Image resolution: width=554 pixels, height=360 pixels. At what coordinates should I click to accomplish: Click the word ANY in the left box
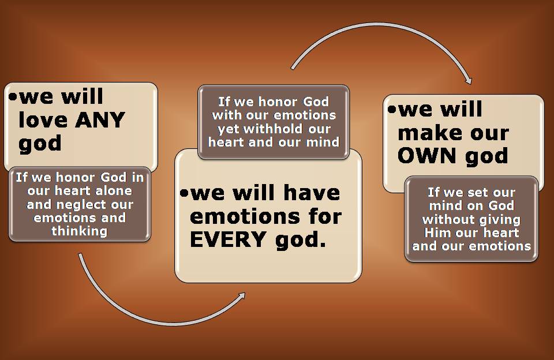[x=100, y=120]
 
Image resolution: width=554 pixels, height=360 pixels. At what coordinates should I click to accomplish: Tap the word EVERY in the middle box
[x=228, y=239]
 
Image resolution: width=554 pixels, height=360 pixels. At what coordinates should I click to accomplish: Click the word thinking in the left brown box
[x=80, y=231]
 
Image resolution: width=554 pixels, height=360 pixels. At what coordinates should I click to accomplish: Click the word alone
[x=114, y=191]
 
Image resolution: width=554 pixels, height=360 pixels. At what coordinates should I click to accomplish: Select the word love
[x=42, y=120]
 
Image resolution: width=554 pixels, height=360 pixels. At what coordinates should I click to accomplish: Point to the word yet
[x=229, y=129]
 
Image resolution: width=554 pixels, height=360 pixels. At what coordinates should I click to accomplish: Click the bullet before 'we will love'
[x=13, y=96]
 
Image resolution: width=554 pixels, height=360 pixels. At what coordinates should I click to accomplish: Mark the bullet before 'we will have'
[x=184, y=193]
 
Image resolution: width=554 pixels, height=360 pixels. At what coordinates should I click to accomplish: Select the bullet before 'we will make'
[x=391, y=109]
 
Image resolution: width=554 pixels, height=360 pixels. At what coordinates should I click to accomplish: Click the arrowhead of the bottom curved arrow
[x=242, y=296]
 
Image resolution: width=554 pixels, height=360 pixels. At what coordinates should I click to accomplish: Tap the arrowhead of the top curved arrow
[x=468, y=81]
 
